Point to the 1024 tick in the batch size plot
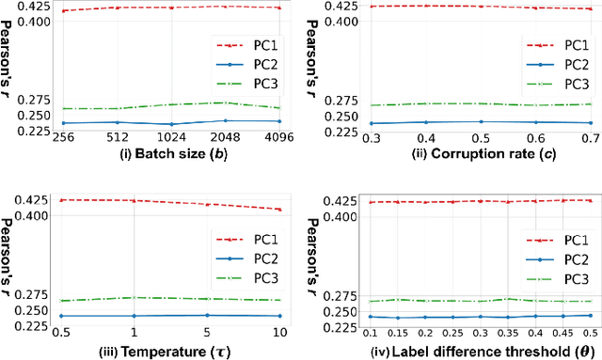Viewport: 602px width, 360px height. (171, 137)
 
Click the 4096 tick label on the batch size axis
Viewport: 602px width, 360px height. (279, 137)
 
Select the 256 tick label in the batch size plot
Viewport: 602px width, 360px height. (63, 137)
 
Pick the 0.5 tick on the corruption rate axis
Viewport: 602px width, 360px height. (481, 137)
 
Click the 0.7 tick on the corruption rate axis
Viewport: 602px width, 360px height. (590, 137)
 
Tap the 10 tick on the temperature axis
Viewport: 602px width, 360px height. (279, 334)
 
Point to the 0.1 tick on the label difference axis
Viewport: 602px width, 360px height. (371, 334)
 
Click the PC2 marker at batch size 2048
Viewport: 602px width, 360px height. (226, 120)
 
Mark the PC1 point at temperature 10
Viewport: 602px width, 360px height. (279, 209)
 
